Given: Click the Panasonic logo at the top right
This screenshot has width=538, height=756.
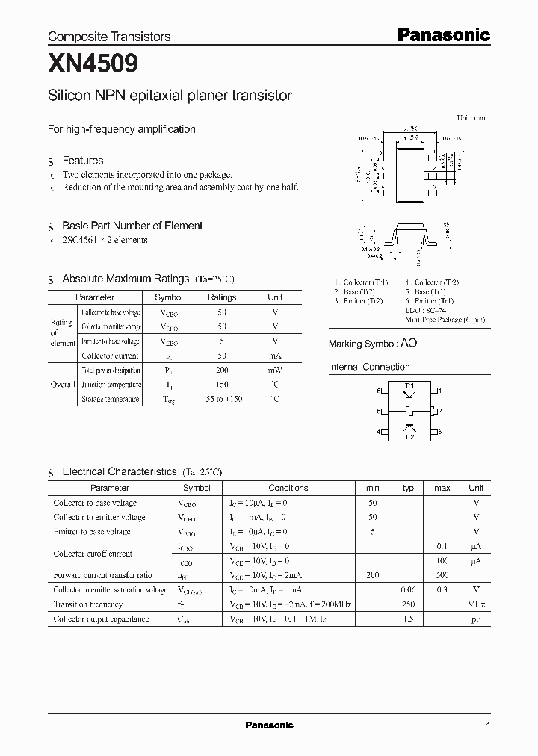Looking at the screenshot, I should tap(442, 34).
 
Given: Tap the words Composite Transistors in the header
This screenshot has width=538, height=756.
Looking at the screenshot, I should tap(109, 37).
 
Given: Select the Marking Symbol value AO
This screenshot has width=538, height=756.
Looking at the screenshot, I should tap(409, 343).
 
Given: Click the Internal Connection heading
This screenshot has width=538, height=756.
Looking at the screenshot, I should tap(369, 367).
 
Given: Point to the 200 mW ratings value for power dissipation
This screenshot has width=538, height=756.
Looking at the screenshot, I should tap(221, 371).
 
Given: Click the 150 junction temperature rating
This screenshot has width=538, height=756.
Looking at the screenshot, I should tap(221, 385).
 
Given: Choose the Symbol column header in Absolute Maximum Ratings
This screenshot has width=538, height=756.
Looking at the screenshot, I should tap(168, 297).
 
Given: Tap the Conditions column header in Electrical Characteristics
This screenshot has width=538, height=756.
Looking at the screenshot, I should tap(288, 488).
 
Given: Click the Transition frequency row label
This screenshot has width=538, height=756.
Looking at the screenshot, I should tap(87, 604).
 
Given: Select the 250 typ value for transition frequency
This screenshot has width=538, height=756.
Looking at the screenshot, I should tap(408, 604).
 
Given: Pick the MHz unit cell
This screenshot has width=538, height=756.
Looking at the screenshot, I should tap(476, 604).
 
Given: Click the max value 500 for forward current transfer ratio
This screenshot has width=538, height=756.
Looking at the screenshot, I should tap(442, 575).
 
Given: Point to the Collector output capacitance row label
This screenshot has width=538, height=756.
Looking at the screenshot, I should tap(101, 619).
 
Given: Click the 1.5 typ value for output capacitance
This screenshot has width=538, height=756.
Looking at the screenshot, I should tap(408, 619).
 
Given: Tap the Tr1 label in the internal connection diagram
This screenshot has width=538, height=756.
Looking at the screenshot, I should tap(409, 385).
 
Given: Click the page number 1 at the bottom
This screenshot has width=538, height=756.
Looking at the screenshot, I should tap(488, 725).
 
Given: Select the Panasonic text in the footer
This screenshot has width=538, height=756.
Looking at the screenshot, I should tap(269, 725).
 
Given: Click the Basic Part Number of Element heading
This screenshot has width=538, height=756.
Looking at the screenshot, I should tap(132, 226).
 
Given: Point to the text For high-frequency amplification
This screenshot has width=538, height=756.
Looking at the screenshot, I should tap(121, 129).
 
